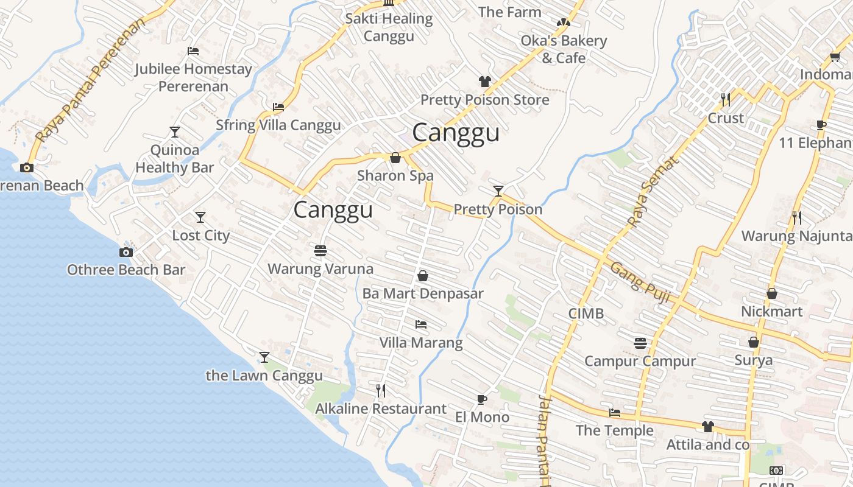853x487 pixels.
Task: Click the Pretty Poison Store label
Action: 484,100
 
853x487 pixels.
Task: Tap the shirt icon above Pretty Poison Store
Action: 484,81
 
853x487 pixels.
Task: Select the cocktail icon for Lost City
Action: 200,217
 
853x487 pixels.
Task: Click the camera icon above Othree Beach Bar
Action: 126,252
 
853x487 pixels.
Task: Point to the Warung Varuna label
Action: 320,268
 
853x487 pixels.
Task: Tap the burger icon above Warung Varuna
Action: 320,251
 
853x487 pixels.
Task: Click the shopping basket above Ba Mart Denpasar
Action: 423,276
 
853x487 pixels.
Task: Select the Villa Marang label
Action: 421,343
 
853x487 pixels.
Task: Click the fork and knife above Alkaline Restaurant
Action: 381,390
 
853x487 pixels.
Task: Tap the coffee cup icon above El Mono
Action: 482,399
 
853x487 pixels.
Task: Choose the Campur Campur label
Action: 640,361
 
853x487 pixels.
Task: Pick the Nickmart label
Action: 771,312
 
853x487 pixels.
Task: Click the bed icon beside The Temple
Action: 615,413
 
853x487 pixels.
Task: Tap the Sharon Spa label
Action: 395,176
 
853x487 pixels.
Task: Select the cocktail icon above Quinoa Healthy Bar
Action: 175,131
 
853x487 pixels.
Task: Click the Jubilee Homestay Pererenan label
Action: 193,77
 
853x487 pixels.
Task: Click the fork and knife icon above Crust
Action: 725,99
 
